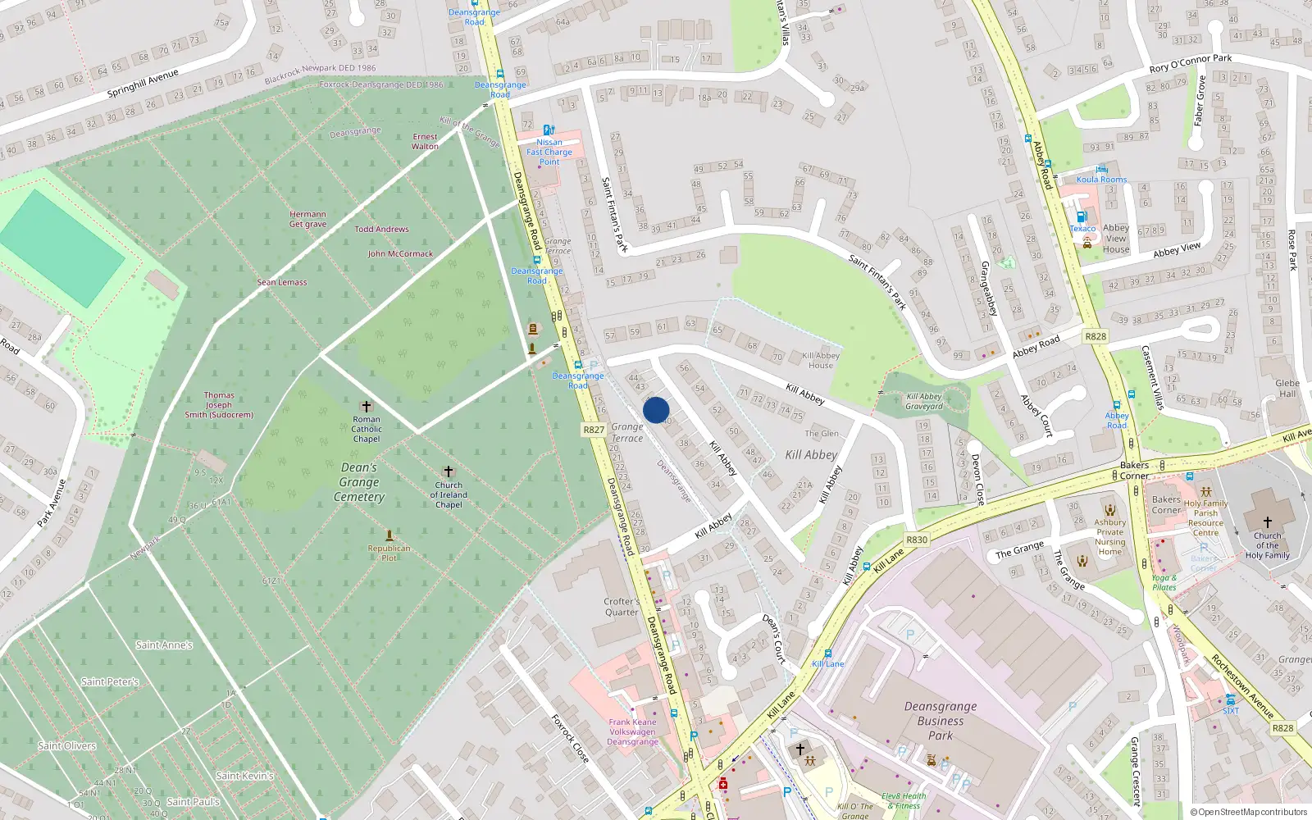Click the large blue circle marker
coord(656,410)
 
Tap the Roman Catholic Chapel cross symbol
coord(367,406)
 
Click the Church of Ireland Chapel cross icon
coord(448,471)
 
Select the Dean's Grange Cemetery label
coord(359,482)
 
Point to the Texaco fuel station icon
coord(1081,216)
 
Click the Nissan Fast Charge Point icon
coord(549,130)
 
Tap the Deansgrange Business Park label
coord(941,721)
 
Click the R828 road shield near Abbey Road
coord(1096,336)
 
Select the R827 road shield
coord(594,430)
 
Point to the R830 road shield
coord(917,540)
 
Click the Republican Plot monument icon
coord(389,535)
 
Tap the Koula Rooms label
coord(1101,179)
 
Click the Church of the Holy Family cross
coord(1267,522)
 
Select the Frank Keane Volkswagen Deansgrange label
coord(632,731)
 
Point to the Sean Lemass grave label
coord(282,282)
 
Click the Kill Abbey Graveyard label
coord(924,401)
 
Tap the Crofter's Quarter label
coord(622,607)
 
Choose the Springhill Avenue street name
coord(143,83)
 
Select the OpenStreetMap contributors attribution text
coord(1249,812)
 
